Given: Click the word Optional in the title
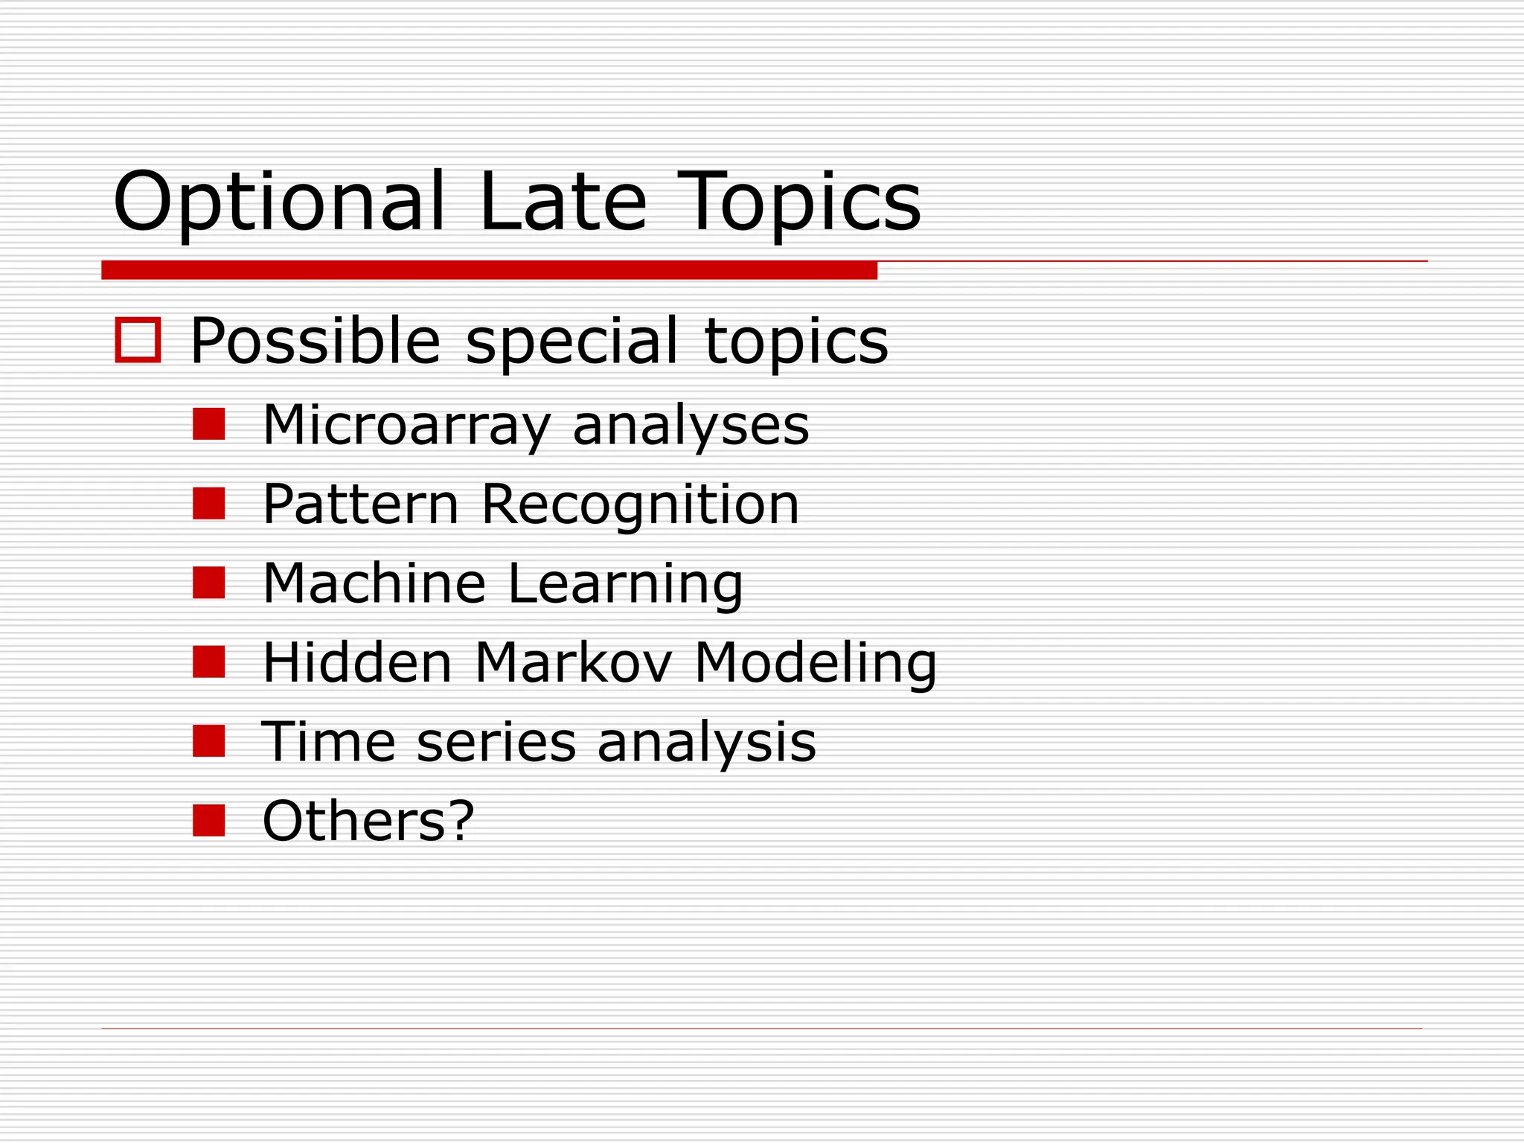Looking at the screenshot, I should tap(279, 202).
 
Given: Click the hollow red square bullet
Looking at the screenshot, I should tap(138, 340).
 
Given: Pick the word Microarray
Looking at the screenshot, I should tap(406, 426).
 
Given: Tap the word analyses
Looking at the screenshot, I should tap(691, 426).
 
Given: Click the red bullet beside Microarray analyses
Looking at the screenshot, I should tap(208, 424).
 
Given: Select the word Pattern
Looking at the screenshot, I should tap(360, 505).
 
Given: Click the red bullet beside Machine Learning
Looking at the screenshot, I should tap(208, 583).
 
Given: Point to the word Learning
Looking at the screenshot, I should tap(625, 585).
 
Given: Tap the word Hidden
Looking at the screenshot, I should tap(357, 662).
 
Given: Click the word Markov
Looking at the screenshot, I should tap(573, 662).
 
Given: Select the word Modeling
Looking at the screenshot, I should tap(815, 664).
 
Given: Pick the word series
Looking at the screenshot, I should tap(496, 742).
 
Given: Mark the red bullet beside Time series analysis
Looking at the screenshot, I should tap(208, 741).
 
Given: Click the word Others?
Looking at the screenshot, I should tap(368, 821).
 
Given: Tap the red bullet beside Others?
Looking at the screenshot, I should tap(208, 821).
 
